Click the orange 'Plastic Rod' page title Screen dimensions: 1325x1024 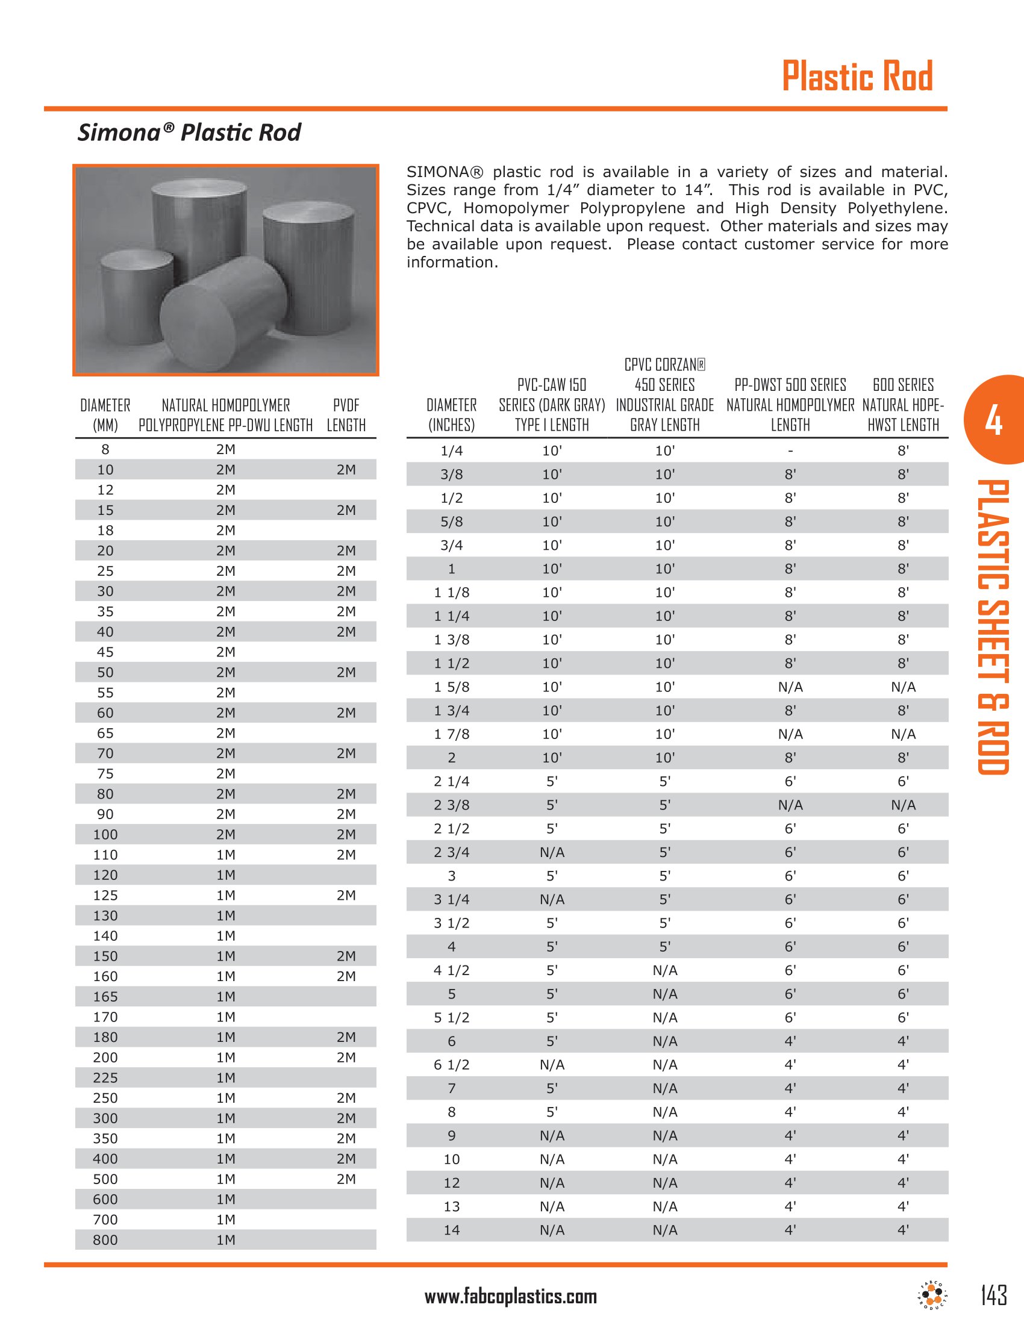[857, 76]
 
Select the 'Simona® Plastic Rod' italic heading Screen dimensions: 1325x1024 [189, 132]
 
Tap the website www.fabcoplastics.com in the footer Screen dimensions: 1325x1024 [510, 1297]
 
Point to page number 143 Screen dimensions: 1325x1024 [993, 1295]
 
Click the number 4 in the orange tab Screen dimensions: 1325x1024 [993, 420]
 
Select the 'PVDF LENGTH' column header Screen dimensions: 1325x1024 [346, 415]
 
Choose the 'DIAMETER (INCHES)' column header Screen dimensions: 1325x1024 [451, 415]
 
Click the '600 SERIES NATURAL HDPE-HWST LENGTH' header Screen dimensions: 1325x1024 [903, 405]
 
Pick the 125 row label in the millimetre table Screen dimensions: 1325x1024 [105, 896]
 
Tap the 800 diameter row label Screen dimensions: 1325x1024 [105, 1240]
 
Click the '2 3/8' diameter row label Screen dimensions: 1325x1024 [451, 805]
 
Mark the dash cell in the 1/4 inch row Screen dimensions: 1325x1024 [790, 451]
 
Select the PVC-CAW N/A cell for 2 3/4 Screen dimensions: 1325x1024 [552, 852]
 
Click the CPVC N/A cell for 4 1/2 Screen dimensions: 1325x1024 [665, 971]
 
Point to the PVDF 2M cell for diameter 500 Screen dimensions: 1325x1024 [346, 1179]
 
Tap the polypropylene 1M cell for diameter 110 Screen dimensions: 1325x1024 [226, 855]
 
